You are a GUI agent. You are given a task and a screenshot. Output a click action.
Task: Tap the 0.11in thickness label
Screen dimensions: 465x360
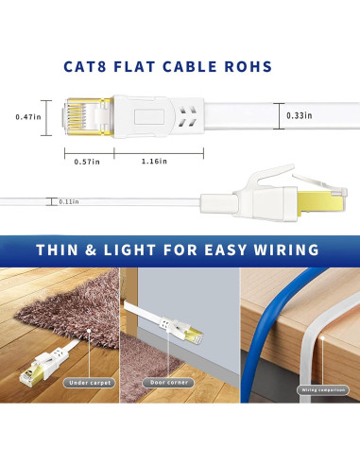pos(67,201)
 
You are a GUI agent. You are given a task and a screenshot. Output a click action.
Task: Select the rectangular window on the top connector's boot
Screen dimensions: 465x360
pos(147,116)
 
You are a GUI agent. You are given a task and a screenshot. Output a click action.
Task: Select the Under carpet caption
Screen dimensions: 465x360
pos(87,384)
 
